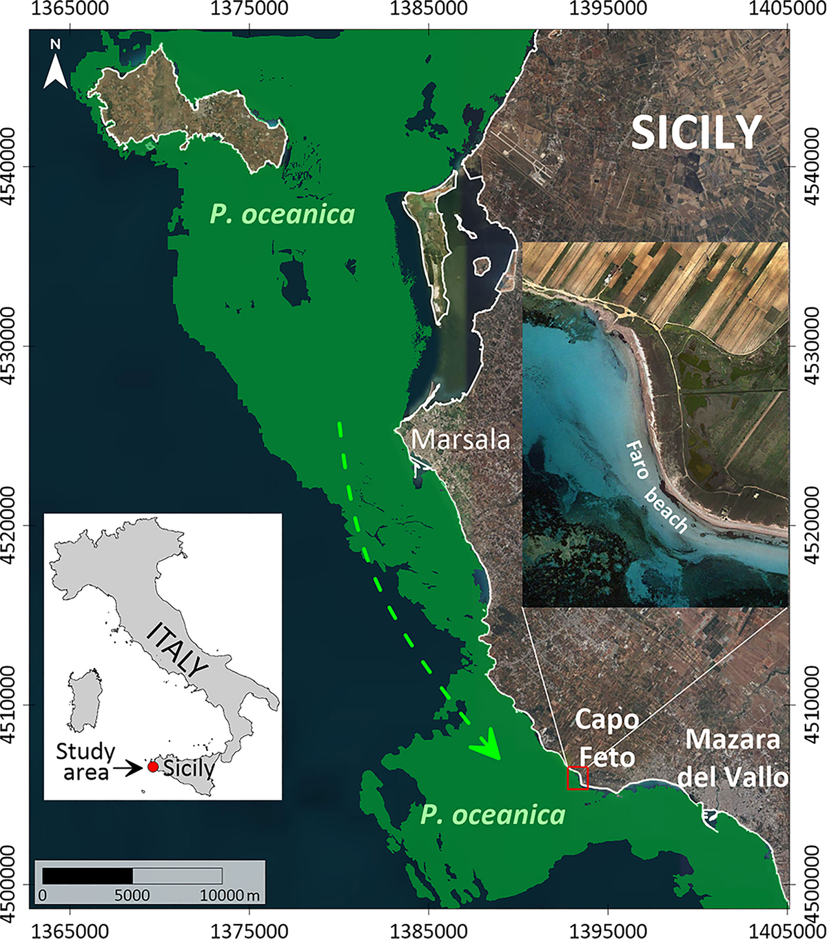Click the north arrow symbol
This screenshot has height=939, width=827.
click(x=55, y=65)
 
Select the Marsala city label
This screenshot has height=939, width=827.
click(x=460, y=439)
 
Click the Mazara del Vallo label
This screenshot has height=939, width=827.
click(x=733, y=758)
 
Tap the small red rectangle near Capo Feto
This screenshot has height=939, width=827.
click(x=578, y=778)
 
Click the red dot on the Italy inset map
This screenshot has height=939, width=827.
click(x=153, y=767)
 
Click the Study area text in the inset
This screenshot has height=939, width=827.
click(x=85, y=761)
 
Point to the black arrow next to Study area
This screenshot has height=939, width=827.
click(x=129, y=767)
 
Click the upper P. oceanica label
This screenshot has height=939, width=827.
click(x=283, y=214)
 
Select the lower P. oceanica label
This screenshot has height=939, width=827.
click(x=493, y=815)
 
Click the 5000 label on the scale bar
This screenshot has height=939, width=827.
click(x=132, y=895)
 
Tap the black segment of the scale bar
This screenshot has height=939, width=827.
click(x=88, y=876)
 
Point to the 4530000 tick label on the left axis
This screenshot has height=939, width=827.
click(x=12, y=346)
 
